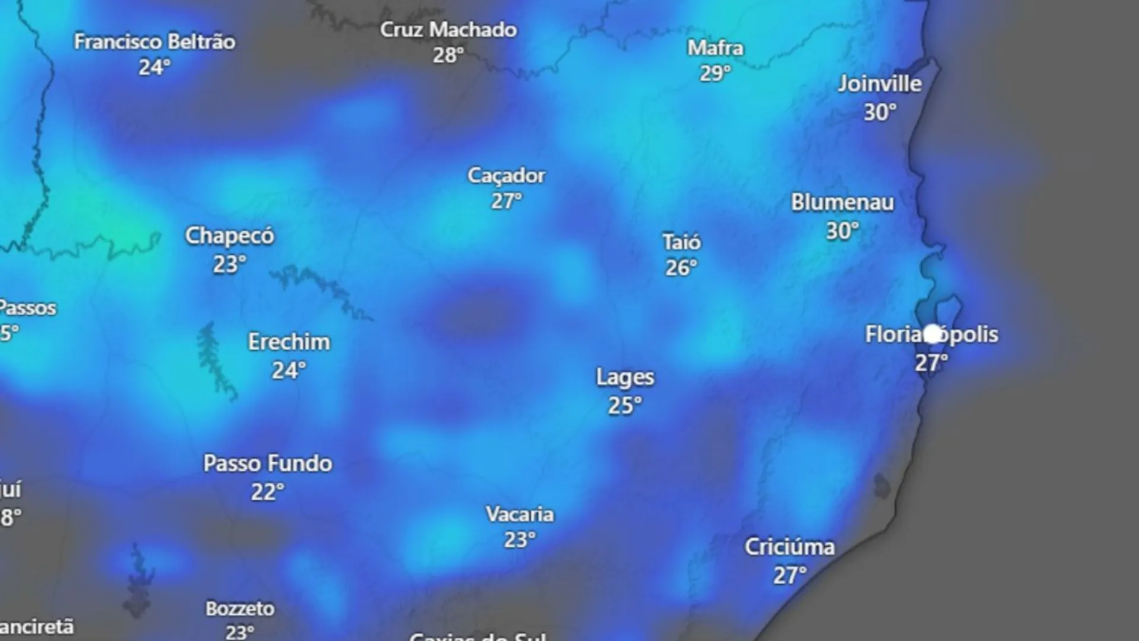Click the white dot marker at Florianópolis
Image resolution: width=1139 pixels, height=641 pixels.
(x=933, y=334)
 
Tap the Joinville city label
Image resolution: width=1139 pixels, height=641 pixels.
(x=880, y=84)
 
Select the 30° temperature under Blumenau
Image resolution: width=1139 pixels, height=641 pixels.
(x=842, y=231)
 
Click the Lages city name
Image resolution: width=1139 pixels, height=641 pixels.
(x=625, y=377)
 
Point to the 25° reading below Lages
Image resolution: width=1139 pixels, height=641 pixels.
(x=625, y=406)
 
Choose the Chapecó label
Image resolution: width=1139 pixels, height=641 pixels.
(x=230, y=236)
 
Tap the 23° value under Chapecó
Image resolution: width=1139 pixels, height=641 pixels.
(x=229, y=265)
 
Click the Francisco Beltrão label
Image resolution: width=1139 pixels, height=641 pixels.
(x=154, y=42)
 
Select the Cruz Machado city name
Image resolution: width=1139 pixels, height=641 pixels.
(x=448, y=30)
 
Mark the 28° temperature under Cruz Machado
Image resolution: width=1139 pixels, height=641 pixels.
(x=448, y=56)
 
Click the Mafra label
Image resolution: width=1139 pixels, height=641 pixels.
(x=715, y=48)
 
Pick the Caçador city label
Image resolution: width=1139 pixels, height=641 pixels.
(x=506, y=176)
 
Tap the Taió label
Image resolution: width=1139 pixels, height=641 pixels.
(x=682, y=242)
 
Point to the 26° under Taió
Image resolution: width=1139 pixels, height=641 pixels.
(x=680, y=268)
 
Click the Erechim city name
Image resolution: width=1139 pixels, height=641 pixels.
(x=289, y=342)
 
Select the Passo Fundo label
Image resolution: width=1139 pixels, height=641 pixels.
(x=268, y=464)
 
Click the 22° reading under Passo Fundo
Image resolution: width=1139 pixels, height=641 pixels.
(x=267, y=492)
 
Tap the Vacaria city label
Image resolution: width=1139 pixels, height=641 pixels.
(x=520, y=514)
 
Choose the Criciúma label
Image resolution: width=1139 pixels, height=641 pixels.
(x=790, y=547)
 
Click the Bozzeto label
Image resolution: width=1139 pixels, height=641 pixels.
(x=240, y=609)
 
